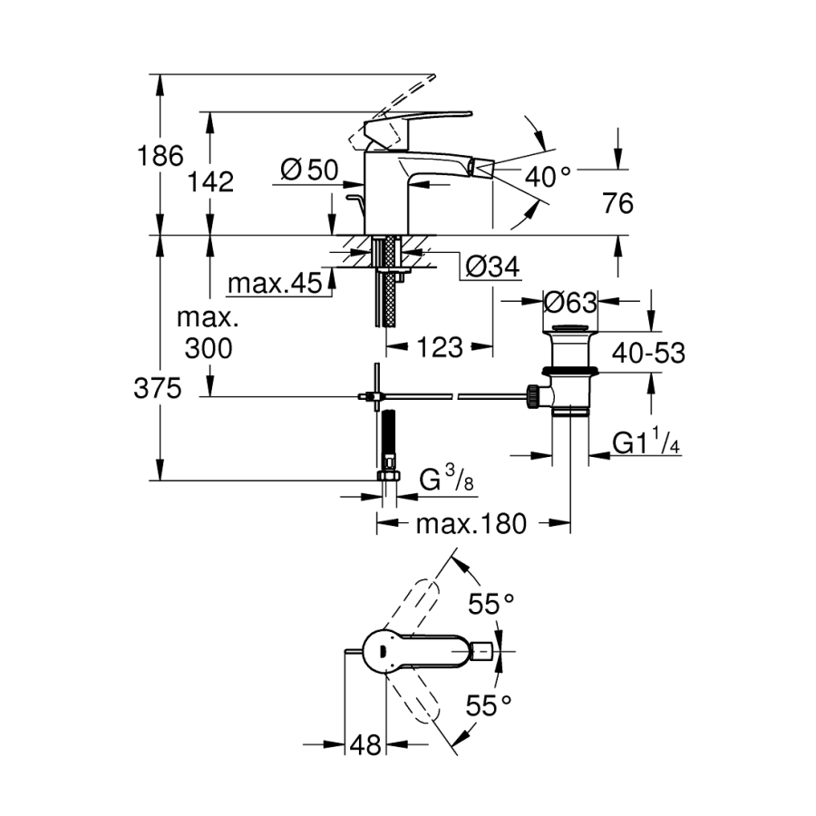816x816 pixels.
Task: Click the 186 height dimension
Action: [160, 156]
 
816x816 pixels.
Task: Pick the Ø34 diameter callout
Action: [491, 267]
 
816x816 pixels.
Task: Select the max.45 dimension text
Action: [275, 285]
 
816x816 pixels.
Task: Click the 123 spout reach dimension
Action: [440, 346]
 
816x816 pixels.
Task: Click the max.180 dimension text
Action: [471, 523]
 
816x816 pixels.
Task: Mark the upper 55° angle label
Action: [491, 604]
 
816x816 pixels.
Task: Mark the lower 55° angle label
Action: [491, 704]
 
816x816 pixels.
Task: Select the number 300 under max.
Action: [208, 346]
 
